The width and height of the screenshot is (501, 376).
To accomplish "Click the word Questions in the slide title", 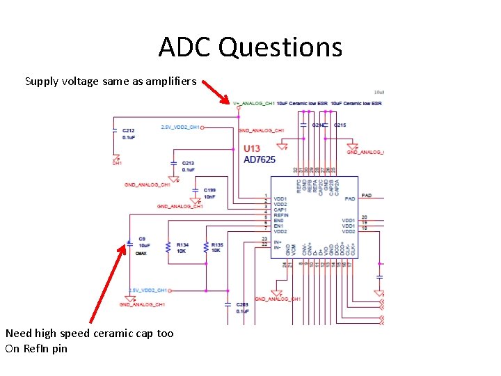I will pyautogui.click(x=280, y=47).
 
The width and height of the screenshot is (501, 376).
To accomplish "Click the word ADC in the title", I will pyautogui.click(x=184, y=47).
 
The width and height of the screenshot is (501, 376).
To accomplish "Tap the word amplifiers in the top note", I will pyautogui.click(x=168, y=81).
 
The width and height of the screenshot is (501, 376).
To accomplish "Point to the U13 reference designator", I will pyautogui.click(x=252, y=148).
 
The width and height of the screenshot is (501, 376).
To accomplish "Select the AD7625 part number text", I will pyautogui.click(x=260, y=159).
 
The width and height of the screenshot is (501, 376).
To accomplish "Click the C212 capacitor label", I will pyautogui.click(x=128, y=130).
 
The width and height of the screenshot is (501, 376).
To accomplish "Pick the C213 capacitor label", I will pyautogui.click(x=188, y=163).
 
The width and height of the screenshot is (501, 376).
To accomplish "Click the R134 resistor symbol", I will pyautogui.click(x=168, y=247).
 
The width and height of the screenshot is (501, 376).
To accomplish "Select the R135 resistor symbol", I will pyautogui.click(x=206, y=247).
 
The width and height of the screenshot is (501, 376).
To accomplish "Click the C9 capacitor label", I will pyautogui.click(x=142, y=239).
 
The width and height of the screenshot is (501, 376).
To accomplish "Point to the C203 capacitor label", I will pyautogui.click(x=242, y=304).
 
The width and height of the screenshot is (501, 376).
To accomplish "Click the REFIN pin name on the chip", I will pyautogui.click(x=281, y=215).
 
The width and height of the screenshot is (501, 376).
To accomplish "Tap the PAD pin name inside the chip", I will pyautogui.click(x=349, y=198).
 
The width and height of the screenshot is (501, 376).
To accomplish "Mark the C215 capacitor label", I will pyautogui.click(x=340, y=125).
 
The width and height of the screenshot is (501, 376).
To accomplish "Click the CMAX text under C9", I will pyautogui.click(x=141, y=253).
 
